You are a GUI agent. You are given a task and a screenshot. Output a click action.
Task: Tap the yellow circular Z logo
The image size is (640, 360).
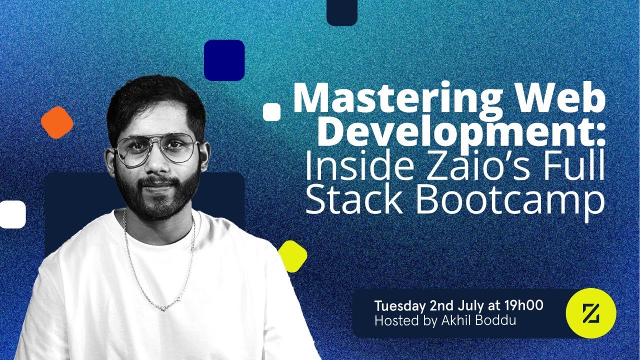[x=590, y=313]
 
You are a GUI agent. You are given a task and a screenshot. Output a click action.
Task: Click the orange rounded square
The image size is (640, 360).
[x=57, y=122]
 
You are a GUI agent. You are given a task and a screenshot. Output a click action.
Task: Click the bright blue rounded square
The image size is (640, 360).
[x=224, y=60]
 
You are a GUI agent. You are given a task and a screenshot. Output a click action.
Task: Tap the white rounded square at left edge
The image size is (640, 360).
[x=12, y=214]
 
